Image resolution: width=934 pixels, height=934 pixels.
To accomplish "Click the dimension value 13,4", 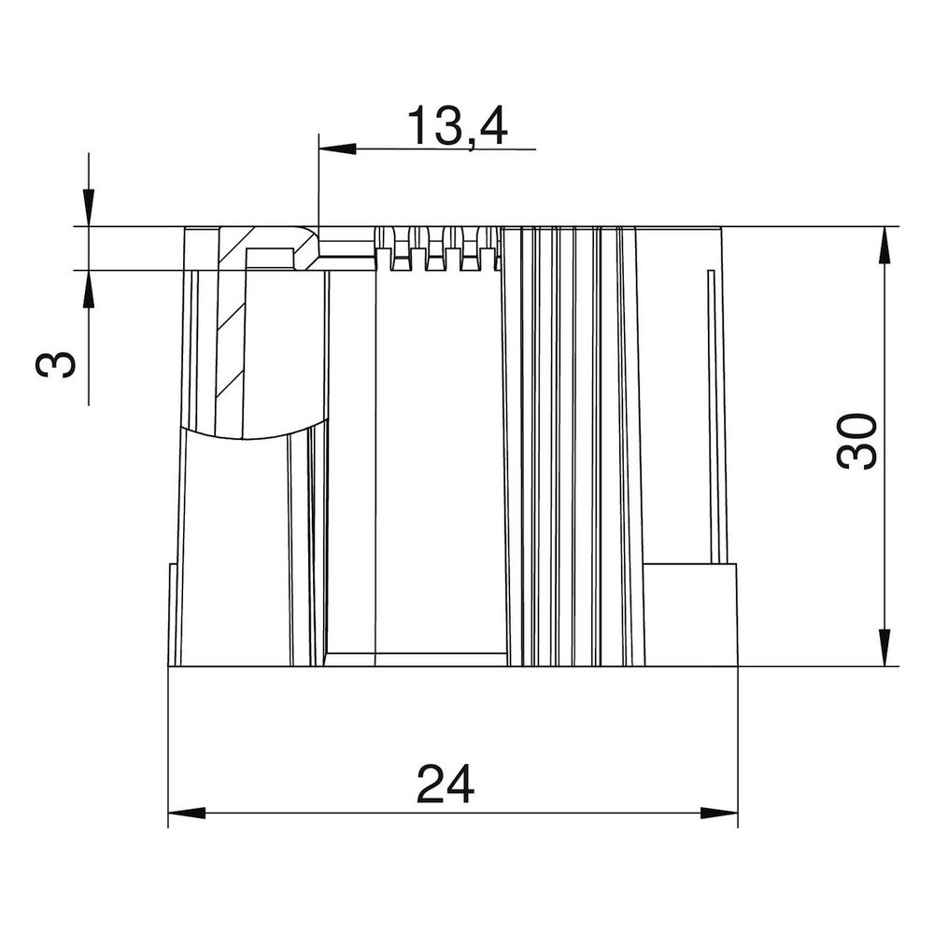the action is tap(457, 127).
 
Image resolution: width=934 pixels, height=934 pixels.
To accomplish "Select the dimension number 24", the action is tap(446, 784).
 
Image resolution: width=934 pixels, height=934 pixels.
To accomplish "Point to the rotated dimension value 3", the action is tap(57, 364).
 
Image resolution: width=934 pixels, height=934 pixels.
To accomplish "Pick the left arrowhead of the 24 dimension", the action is tap(187, 814).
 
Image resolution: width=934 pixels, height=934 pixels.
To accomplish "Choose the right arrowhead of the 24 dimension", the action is tap(719, 814).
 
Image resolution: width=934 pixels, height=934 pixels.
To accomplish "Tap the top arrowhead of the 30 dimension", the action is tap(884, 246).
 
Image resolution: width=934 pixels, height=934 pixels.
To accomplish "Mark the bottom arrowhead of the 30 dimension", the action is tap(884, 647).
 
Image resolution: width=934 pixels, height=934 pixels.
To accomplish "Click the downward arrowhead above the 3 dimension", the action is tap(89, 208).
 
